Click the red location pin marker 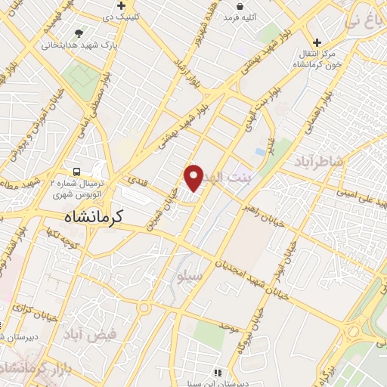coord(194,178)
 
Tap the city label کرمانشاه coord(93,216)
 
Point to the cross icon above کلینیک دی coord(132,5)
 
